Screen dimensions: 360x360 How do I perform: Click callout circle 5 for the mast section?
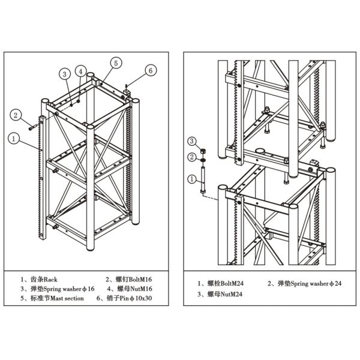tap(116, 62)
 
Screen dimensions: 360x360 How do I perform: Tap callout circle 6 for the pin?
tap(151, 70)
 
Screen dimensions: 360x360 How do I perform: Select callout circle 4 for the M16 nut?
tap(80, 71)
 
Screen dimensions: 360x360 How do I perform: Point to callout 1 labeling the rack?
tap(13, 138)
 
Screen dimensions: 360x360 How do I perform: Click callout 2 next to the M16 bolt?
tap(17, 114)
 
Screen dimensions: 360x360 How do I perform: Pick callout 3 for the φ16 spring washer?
tap(65, 74)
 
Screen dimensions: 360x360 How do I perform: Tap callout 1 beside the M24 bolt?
tap(192, 179)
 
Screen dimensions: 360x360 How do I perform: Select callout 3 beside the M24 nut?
tap(192, 141)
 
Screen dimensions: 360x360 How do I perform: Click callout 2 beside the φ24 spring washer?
tap(192, 157)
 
